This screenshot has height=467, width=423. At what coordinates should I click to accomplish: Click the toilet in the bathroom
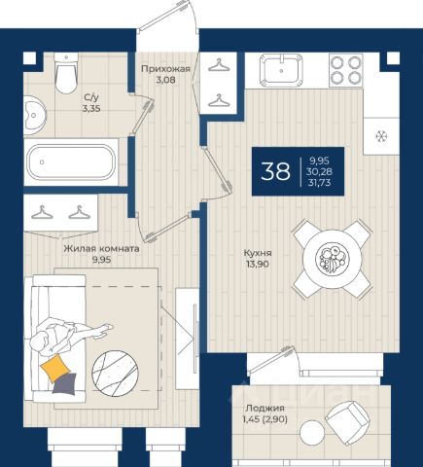point(66,73)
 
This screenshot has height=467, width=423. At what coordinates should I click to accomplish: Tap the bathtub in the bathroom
point(71,162)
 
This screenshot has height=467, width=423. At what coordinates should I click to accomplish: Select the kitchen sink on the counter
point(281,70)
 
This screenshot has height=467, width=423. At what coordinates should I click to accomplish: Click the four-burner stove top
point(346,70)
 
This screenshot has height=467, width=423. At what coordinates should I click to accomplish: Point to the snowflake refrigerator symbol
point(381,136)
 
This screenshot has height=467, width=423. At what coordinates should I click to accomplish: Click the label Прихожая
point(165,69)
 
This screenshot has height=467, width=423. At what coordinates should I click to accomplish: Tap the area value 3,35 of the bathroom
point(91,109)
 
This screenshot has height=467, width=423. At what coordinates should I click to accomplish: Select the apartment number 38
point(275,171)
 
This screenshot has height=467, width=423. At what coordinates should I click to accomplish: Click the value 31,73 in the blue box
point(320,183)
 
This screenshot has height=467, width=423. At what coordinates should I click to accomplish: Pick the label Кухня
point(258,253)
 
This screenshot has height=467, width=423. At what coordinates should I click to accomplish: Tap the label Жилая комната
point(101,249)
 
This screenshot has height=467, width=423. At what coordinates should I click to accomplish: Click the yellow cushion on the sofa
point(55,368)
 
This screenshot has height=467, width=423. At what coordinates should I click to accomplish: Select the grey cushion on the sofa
point(65,384)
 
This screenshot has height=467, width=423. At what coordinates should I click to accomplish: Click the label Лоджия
point(264,408)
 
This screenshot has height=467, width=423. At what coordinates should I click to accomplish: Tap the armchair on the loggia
point(347,422)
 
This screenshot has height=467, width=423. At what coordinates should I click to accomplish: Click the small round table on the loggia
point(312,433)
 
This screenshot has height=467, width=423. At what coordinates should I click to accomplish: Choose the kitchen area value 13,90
point(258,264)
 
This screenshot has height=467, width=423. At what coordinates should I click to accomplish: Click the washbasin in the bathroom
point(35,115)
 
